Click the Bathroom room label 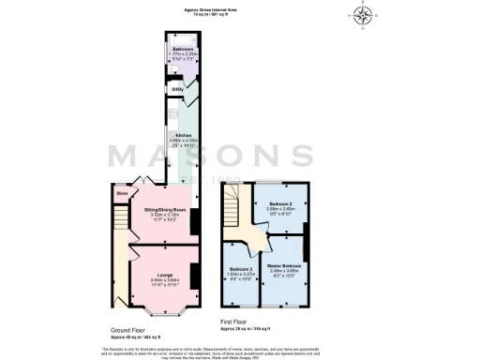coord(181,49)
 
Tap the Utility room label coord(177,89)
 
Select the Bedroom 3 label coord(240,268)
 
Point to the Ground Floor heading coord(127,331)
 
